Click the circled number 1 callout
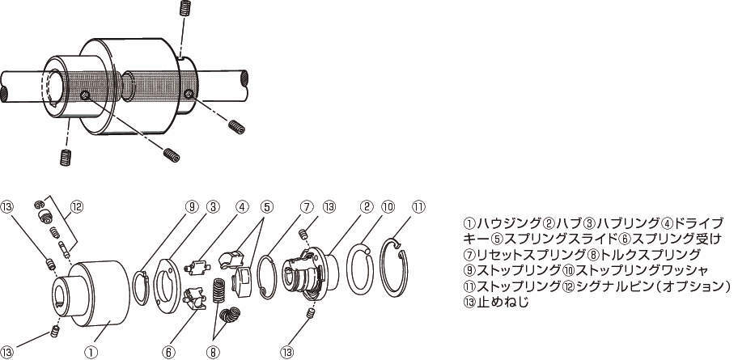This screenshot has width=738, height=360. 91,351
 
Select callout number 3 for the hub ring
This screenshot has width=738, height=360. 213,206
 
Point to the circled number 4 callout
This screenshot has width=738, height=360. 242,206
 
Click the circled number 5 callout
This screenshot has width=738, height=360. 266,206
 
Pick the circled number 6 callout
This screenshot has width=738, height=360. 168,351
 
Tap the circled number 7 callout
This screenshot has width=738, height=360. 305,206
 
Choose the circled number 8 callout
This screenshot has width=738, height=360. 213,351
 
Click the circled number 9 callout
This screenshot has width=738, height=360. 192,206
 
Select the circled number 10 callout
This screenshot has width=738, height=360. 388,206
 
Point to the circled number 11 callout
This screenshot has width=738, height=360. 418,206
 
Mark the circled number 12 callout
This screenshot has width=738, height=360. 77,206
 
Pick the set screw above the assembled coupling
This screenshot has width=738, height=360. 185,8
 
